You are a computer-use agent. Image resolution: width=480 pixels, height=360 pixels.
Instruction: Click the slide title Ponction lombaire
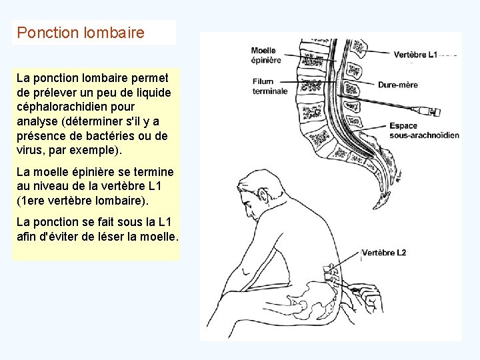click(x=81, y=32)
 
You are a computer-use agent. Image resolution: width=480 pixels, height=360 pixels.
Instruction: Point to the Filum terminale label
click(x=269, y=86)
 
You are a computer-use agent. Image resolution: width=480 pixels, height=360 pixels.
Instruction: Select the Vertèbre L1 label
click(x=415, y=55)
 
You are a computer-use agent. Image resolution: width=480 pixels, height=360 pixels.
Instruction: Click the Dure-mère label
click(x=398, y=85)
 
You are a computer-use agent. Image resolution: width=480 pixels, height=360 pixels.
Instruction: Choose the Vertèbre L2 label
click(x=384, y=253)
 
